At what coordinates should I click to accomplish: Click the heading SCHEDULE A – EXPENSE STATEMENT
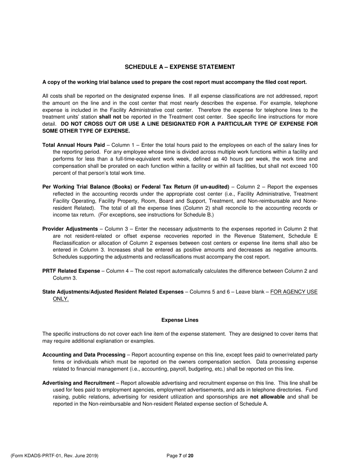180,67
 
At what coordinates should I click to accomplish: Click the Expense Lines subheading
180,320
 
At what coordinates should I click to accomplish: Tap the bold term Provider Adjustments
70,229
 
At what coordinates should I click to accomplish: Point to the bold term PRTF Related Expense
71,271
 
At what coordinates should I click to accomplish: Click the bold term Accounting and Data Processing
84,355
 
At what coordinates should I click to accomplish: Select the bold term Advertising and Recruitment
78,383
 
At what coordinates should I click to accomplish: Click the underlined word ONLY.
61,299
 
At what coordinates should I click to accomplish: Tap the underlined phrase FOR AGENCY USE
294,292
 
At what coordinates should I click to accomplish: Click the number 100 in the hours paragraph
313,166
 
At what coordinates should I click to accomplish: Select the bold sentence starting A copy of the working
174,82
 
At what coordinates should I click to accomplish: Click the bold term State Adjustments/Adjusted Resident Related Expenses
113,292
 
